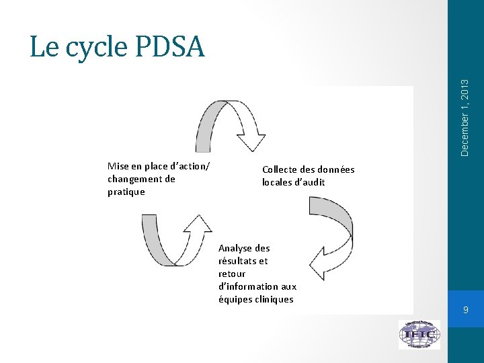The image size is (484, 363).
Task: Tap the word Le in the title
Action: tap(41, 46)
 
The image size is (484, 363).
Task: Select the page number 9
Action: tap(465, 310)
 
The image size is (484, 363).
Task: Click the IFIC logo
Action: tap(419, 334)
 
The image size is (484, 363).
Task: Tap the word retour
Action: tap(232, 274)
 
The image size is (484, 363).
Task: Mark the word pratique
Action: tap(126, 192)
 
